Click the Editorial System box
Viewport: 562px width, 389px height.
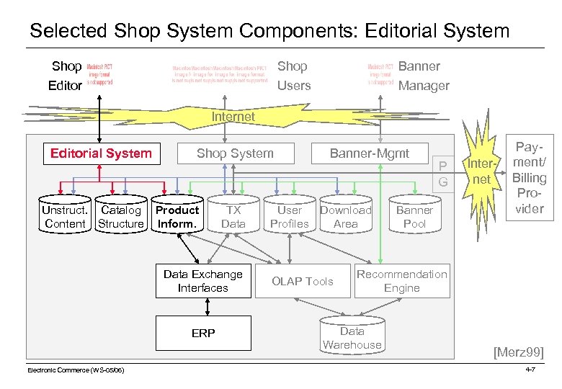[x=101, y=153]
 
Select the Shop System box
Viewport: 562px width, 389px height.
[x=235, y=153]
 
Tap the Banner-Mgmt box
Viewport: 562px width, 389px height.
[x=369, y=153]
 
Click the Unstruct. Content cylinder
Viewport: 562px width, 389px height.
[x=65, y=217]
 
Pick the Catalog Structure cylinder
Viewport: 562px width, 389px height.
[x=121, y=217]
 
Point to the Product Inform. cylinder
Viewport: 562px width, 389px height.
[x=177, y=217]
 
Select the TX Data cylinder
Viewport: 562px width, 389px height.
[x=233, y=217]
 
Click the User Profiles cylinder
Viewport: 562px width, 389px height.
[x=289, y=217]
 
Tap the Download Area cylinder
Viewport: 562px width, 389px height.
[x=346, y=217]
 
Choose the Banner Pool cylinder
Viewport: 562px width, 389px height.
[x=414, y=217]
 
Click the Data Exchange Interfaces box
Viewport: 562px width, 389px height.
[x=203, y=282]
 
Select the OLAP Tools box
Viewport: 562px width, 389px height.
[x=302, y=282]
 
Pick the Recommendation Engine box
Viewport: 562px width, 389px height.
[x=401, y=282]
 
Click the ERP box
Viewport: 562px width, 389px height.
[x=203, y=334]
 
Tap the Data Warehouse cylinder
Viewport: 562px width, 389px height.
[x=352, y=338]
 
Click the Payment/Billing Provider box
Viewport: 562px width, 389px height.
[x=529, y=178]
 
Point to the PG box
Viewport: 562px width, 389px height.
[x=443, y=174]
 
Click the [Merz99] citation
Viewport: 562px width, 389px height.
[x=518, y=352]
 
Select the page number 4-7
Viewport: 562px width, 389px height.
[x=530, y=370]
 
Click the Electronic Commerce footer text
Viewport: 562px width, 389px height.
[x=76, y=370]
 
